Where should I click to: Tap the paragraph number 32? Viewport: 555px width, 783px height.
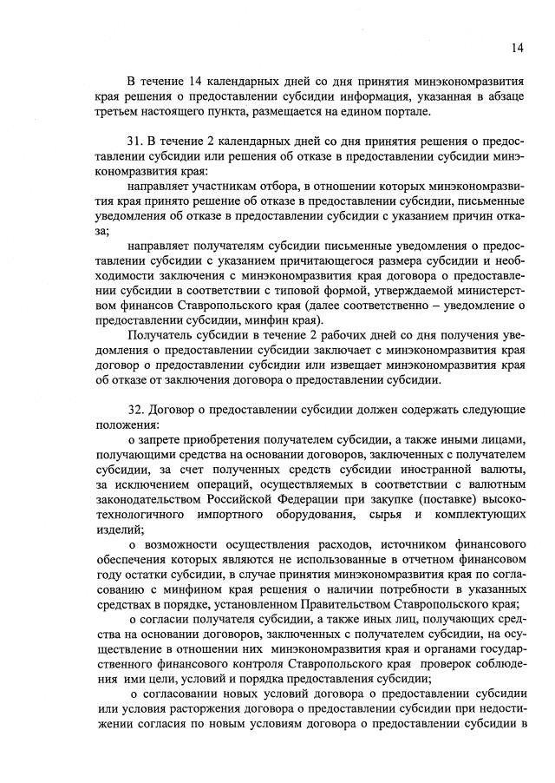pyautogui.click(x=134, y=409)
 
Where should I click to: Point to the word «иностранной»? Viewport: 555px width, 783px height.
pyautogui.click(x=417, y=470)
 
